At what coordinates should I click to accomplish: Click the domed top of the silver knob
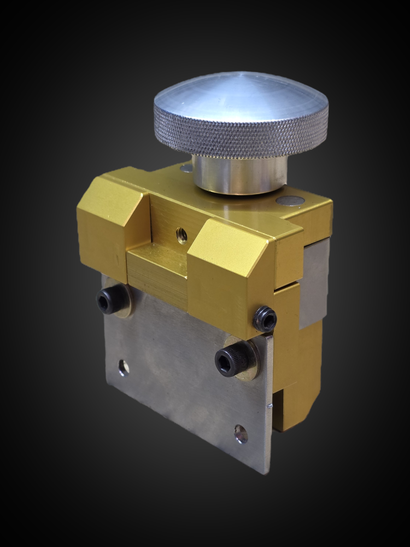pos(241,96)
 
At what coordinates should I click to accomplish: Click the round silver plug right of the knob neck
pos(290,201)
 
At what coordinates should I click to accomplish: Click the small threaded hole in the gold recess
pos(182,236)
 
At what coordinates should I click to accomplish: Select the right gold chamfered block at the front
pos(230,273)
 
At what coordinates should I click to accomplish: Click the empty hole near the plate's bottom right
pos(241,434)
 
